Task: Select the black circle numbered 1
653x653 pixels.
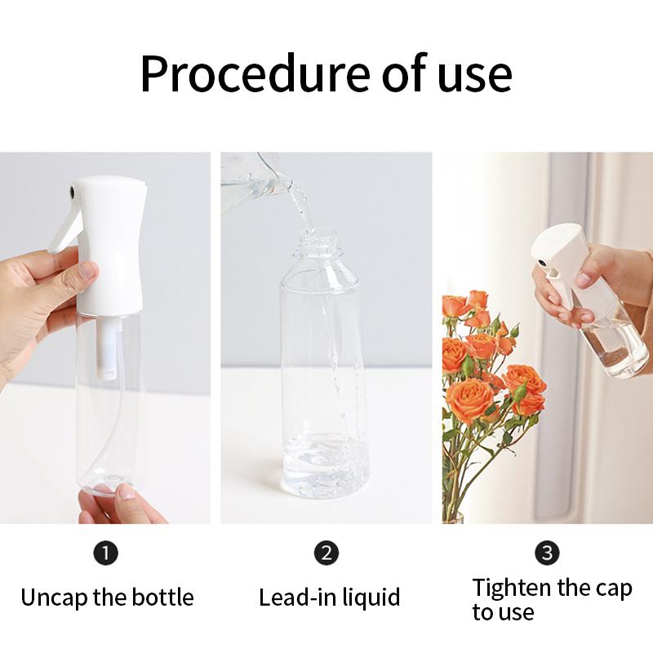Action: point(106,553)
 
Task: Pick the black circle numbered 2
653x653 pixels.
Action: point(326,553)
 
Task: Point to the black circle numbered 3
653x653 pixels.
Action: point(547,553)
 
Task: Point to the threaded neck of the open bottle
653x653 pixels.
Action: point(315,242)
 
